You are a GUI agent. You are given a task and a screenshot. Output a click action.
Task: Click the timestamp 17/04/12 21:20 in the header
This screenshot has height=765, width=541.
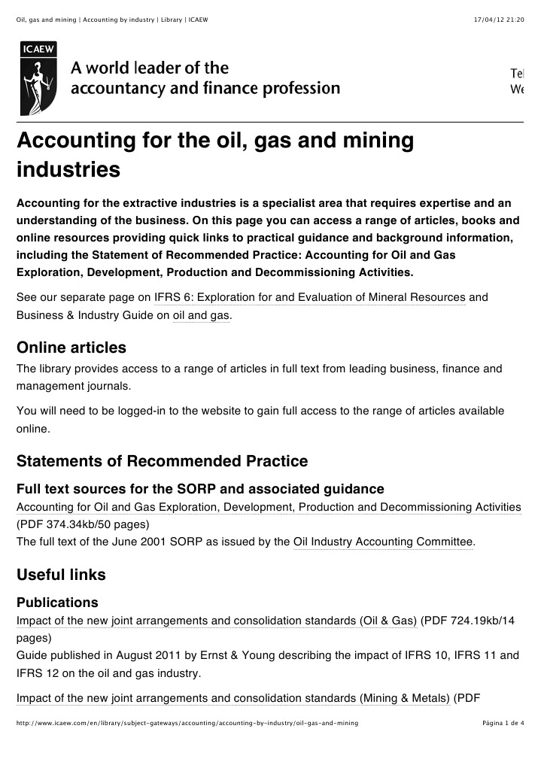pyautogui.click(x=499, y=19)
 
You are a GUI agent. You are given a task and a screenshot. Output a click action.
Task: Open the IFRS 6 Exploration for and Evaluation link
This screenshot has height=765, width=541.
pyautogui.click(x=310, y=297)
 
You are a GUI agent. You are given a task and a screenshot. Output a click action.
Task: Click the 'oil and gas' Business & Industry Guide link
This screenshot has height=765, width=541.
pyautogui.click(x=201, y=316)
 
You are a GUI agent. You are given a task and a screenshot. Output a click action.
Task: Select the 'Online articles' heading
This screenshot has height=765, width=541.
pyautogui.click(x=71, y=348)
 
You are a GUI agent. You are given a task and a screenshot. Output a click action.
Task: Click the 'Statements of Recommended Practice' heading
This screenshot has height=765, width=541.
pyautogui.click(x=162, y=460)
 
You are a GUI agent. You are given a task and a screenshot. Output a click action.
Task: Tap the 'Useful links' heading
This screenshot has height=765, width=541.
pyautogui.click(x=61, y=575)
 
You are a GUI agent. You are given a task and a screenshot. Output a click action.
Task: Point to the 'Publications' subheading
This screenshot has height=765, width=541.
pyautogui.click(x=57, y=603)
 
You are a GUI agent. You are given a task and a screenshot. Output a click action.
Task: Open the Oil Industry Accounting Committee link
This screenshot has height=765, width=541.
pyautogui.click(x=383, y=542)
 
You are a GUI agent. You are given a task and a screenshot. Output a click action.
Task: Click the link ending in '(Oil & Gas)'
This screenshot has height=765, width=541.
pyautogui.click(x=217, y=621)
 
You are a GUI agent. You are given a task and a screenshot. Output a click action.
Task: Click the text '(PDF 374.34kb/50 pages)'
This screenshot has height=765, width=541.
pyautogui.click(x=83, y=524)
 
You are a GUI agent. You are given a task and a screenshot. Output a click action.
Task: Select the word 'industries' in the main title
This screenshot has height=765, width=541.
pyautogui.click(x=68, y=169)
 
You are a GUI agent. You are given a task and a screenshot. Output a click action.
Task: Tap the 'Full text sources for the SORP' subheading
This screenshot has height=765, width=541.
pyautogui.click(x=200, y=489)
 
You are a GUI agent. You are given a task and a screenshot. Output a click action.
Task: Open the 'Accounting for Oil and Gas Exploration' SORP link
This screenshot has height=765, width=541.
pyautogui.click(x=269, y=507)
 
